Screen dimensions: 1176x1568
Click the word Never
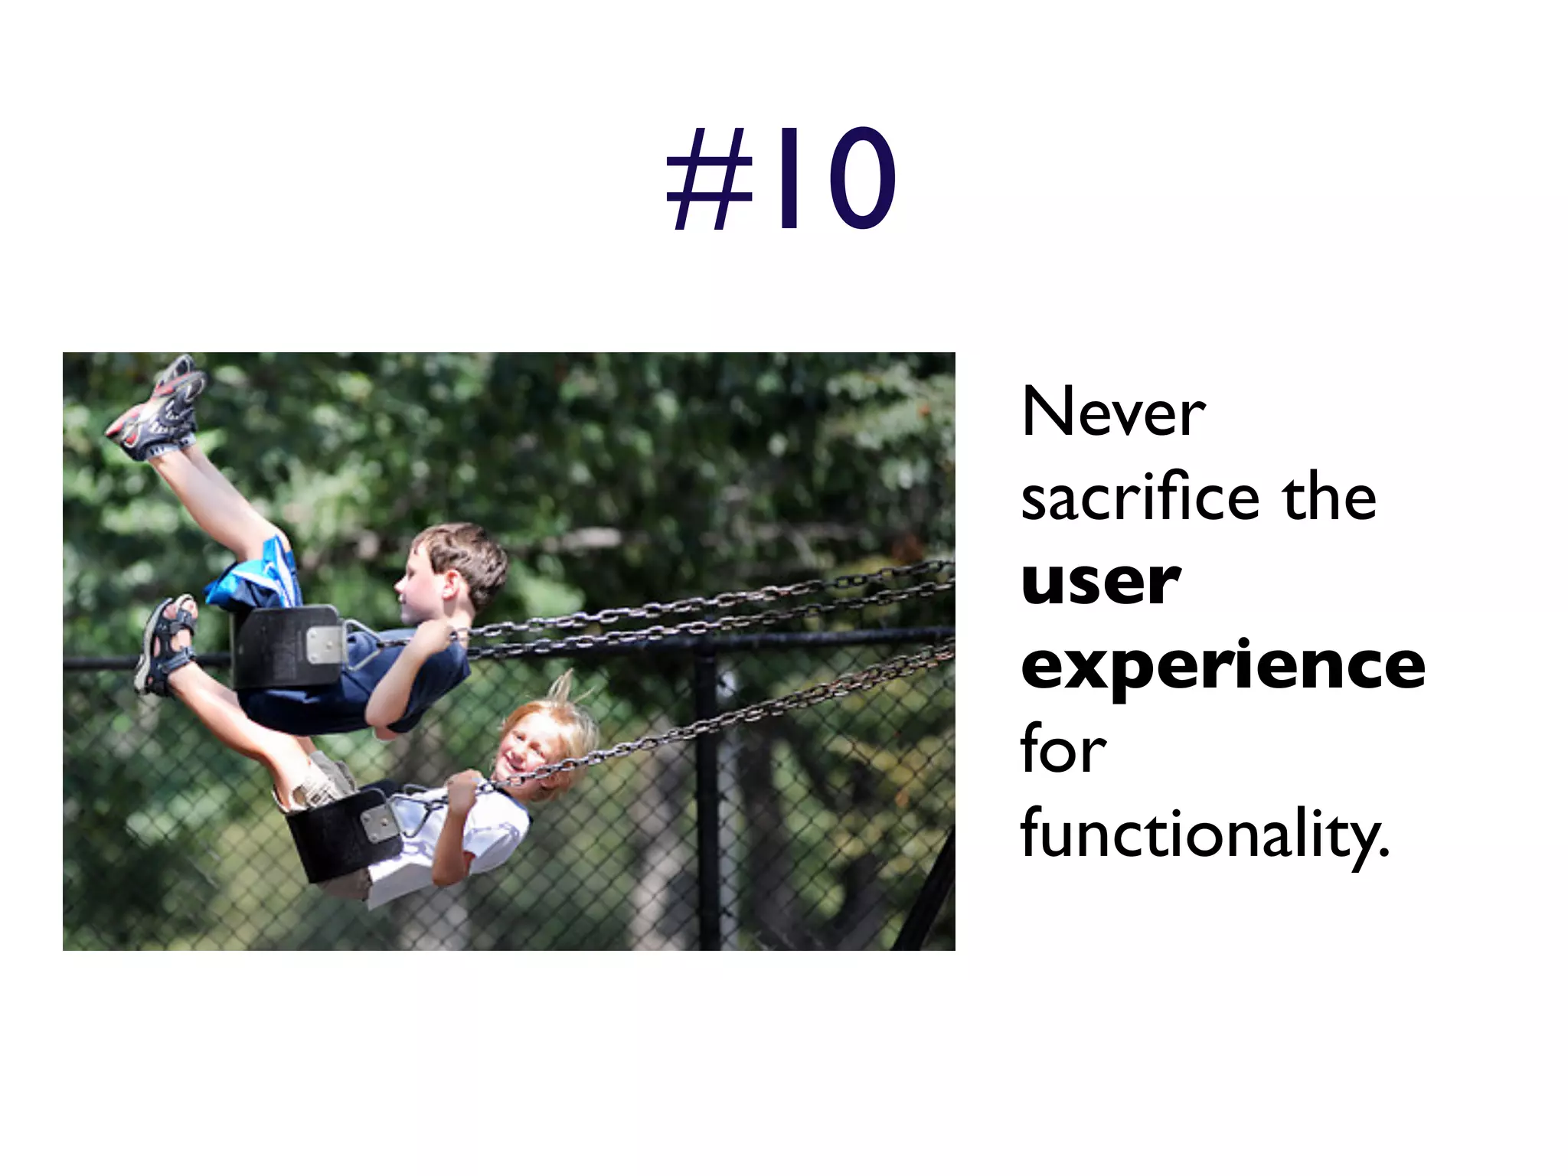pos(1113,413)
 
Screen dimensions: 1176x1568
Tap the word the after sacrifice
pos(1330,498)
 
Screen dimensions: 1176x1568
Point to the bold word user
pos(1100,582)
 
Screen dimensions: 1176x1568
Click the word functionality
pos(1204,835)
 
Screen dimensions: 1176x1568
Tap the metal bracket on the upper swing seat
pos(325,644)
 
